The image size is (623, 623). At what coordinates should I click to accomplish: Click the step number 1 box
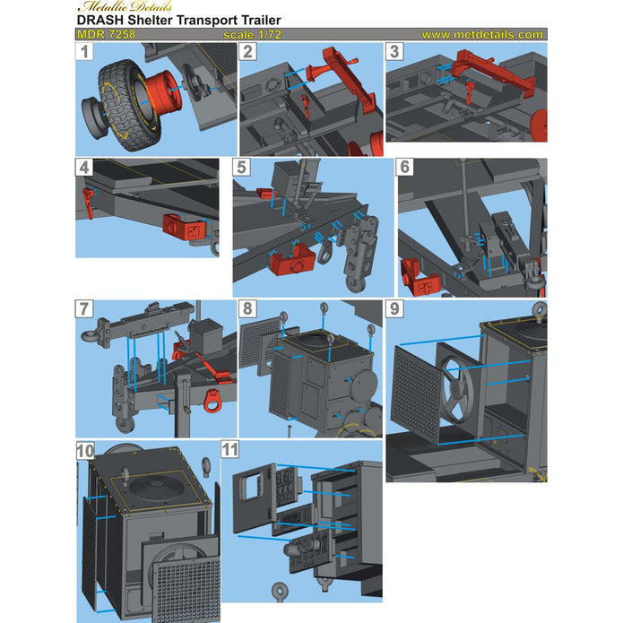(x=84, y=52)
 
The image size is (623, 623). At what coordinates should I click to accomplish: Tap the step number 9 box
(x=395, y=308)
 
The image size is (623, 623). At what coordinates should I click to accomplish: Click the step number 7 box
(x=85, y=308)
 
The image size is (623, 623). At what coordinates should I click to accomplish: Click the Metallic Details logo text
(x=104, y=9)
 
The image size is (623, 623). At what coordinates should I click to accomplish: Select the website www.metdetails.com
(x=481, y=35)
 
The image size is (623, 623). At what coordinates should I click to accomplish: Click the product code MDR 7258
(x=106, y=35)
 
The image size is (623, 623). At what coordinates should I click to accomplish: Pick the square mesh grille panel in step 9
(x=420, y=395)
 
